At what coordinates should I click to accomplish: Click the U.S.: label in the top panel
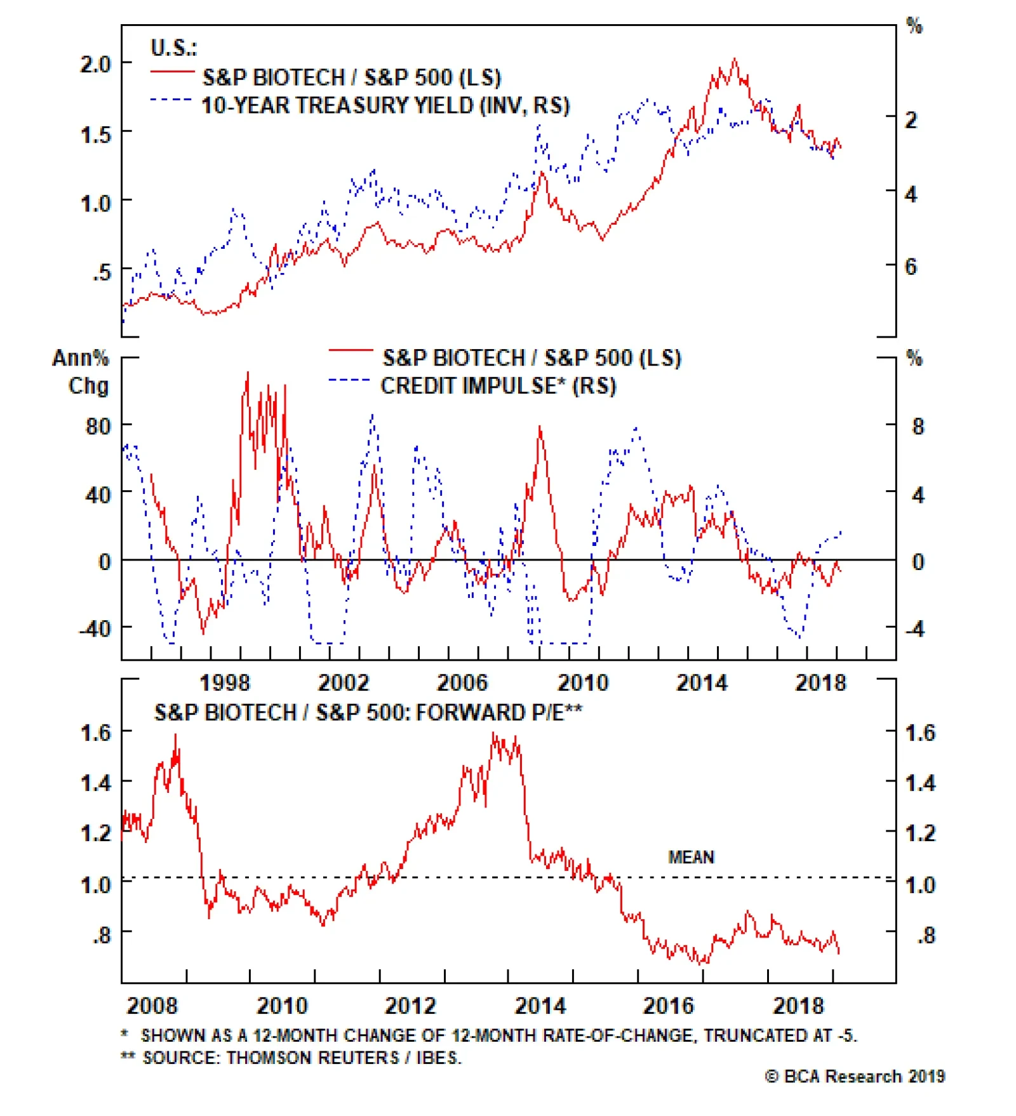[173, 48]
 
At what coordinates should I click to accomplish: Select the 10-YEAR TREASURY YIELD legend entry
[385, 105]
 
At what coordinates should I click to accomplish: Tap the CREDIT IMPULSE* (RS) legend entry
[498, 386]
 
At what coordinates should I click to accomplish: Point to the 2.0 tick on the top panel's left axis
[95, 64]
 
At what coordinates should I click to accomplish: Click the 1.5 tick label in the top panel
[95, 135]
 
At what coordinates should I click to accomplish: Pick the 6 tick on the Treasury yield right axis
[911, 267]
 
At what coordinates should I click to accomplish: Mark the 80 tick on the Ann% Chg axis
[98, 426]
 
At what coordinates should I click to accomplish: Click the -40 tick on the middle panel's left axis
[95, 629]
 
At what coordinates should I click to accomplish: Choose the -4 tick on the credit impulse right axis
[914, 629]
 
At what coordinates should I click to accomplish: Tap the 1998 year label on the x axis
[225, 683]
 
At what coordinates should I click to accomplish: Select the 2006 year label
[462, 683]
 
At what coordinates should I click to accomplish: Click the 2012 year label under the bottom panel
[410, 1006]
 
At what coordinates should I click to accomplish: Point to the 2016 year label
[668, 1006]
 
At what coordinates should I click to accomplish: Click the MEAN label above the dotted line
[691, 858]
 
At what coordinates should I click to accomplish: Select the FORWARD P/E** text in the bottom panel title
[499, 713]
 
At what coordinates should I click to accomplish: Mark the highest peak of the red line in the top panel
[735, 59]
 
